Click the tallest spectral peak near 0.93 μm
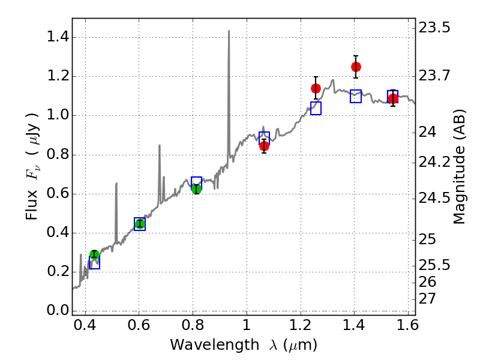click(229, 32)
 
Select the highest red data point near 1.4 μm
click(356, 67)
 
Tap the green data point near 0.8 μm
click(196, 189)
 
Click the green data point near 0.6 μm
click(140, 224)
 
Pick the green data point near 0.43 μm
click(94, 255)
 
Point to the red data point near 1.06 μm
click(264, 145)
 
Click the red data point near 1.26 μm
click(316, 88)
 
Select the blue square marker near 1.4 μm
click(356, 96)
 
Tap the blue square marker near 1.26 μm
click(316, 108)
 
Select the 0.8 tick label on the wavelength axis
click(193, 328)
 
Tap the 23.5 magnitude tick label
click(436, 28)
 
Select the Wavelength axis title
click(243, 345)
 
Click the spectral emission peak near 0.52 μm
click(116, 184)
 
